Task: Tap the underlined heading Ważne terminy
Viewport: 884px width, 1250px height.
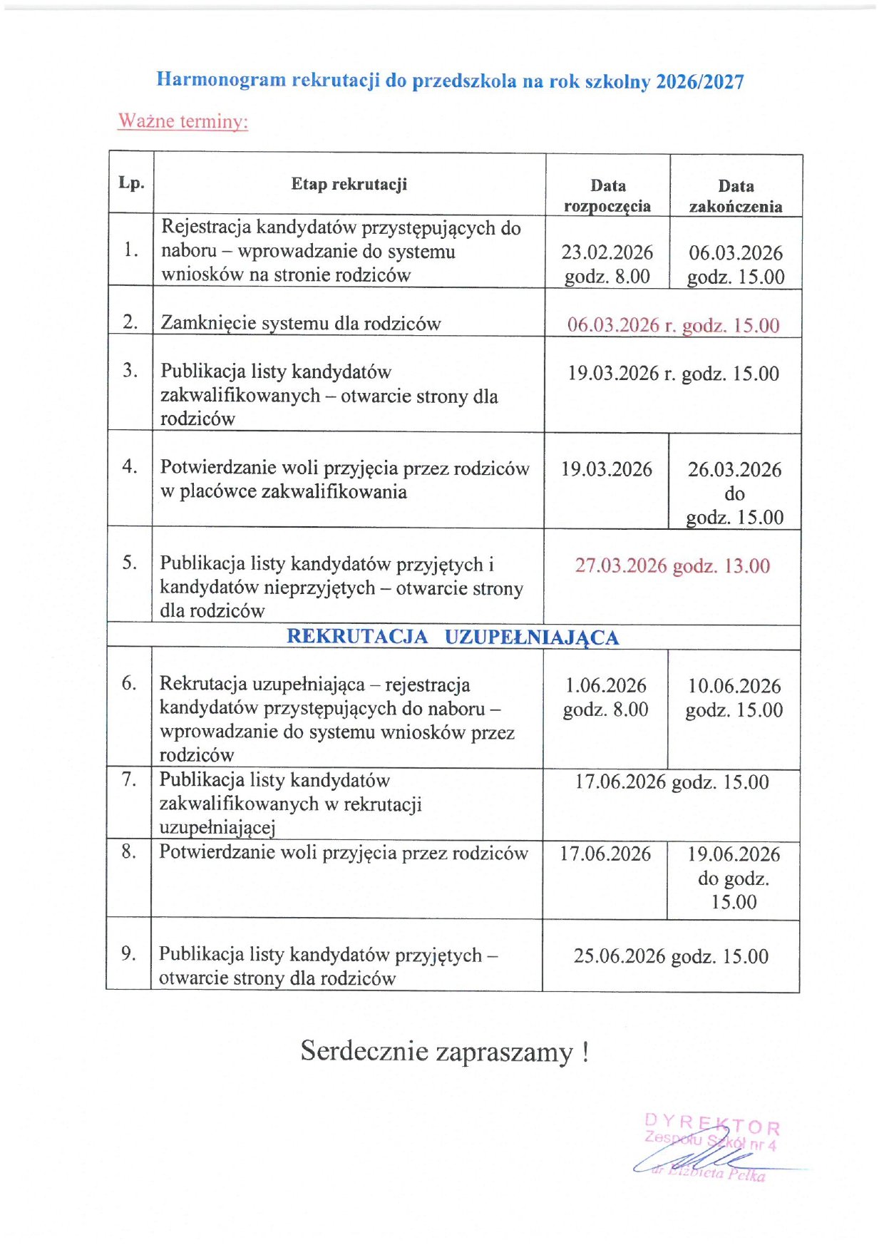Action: pyautogui.click(x=183, y=121)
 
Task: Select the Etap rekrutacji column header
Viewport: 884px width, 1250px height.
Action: pyautogui.click(x=349, y=184)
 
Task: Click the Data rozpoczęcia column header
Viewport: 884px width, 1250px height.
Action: pyautogui.click(x=607, y=195)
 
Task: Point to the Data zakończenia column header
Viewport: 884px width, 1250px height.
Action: pyautogui.click(x=735, y=196)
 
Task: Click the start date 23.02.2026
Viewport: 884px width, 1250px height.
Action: pyautogui.click(x=607, y=252)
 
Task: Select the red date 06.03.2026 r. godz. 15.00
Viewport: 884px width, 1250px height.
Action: pyautogui.click(x=673, y=325)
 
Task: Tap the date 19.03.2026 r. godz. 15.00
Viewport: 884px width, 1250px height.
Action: pyautogui.click(x=673, y=374)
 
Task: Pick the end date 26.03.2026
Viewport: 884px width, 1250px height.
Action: pyautogui.click(x=734, y=469)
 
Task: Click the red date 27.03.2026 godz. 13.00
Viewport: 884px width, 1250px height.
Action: pyautogui.click(x=672, y=566)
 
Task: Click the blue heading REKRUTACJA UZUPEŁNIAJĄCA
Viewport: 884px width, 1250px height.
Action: pyautogui.click(x=453, y=637)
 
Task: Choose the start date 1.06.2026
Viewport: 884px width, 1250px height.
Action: pyautogui.click(x=606, y=686)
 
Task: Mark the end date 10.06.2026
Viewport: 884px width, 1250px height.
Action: pyautogui.click(x=734, y=686)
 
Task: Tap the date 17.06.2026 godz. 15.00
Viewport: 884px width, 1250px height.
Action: pyautogui.click(x=672, y=782)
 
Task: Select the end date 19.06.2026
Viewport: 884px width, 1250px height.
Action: pyautogui.click(x=734, y=854)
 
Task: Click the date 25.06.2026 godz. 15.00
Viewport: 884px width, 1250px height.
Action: pyautogui.click(x=671, y=956)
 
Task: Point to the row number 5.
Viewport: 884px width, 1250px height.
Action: pyautogui.click(x=129, y=563)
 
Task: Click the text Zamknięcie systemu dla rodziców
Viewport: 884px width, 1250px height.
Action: pyautogui.click(x=301, y=324)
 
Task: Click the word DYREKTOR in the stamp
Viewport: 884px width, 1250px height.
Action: pyautogui.click(x=711, y=1125)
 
